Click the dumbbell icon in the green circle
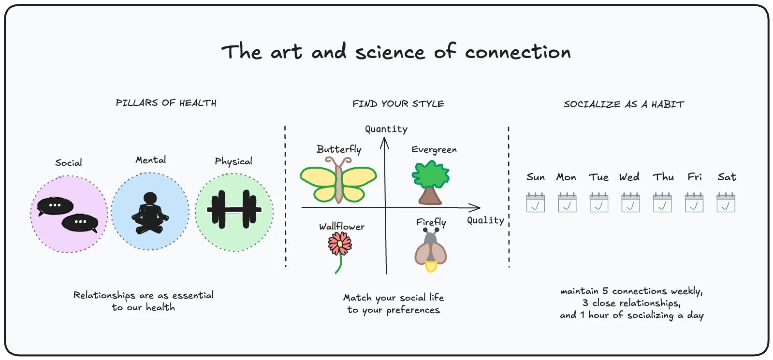[234, 210]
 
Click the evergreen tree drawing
[430, 182]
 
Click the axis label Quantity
[386, 129]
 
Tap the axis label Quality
[485, 220]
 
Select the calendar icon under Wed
[630, 202]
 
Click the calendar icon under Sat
[726, 202]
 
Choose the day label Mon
[566, 177]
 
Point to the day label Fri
[695, 177]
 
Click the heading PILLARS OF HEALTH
[166, 103]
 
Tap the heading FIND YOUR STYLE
[398, 104]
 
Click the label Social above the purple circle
[69, 163]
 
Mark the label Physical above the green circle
[233, 161]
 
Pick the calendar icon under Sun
[535, 202]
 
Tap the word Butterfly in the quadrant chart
[339, 149]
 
